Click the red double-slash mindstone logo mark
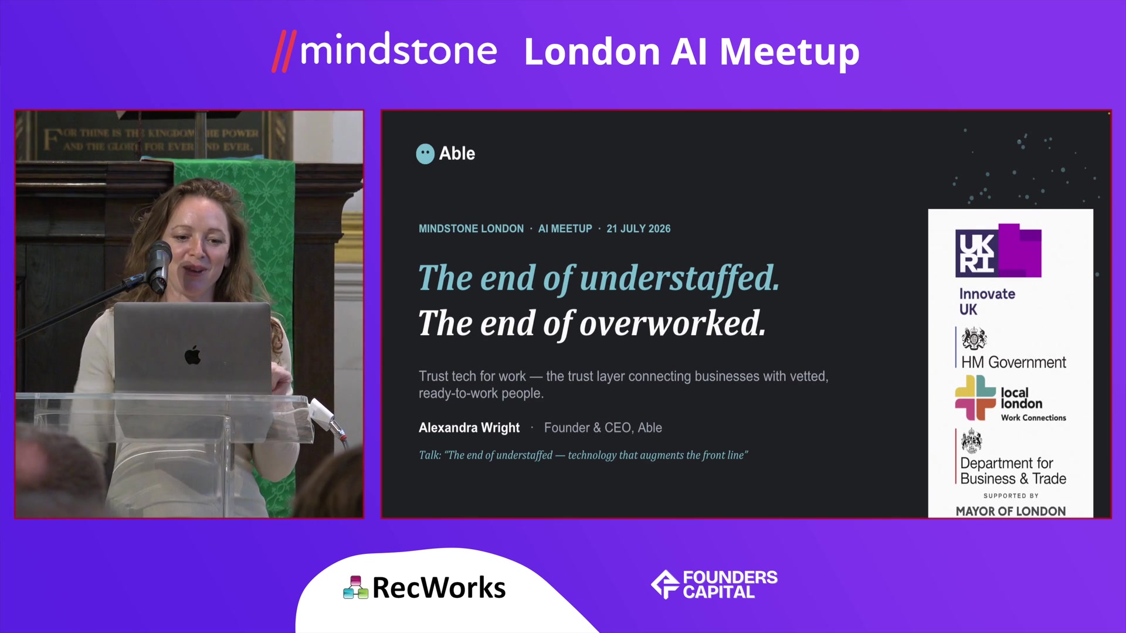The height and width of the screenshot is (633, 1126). point(284,51)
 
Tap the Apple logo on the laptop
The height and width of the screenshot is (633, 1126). point(192,355)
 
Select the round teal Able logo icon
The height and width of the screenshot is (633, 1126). point(425,154)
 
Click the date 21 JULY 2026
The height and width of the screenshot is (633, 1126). point(638,229)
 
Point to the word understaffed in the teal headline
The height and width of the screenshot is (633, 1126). point(680,278)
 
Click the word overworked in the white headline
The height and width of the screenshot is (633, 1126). point(673,323)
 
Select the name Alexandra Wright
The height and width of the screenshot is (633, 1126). point(469,428)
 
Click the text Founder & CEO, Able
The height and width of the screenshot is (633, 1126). point(603,428)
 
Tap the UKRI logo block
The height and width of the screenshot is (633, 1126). point(998,250)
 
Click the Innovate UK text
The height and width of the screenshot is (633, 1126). point(987,301)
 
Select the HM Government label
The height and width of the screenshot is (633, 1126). point(1013,362)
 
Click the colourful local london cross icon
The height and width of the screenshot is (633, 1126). point(975,397)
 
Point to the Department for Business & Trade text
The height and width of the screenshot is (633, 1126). point(1013,471)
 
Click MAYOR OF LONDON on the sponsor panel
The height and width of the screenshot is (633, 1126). point(1010,511)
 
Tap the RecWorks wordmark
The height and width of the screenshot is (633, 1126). point(439,587)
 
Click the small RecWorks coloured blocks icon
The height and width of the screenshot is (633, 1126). point(355,587)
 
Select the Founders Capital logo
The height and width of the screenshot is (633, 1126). point(714,584)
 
